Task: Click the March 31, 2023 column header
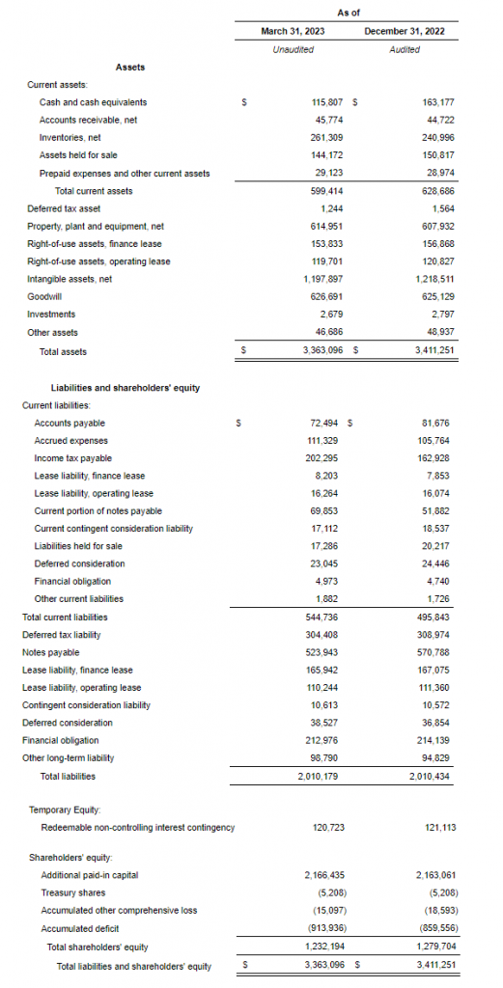293,32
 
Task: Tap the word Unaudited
293,50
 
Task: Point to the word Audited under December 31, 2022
405,50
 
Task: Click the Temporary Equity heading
65,810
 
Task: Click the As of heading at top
349,12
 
